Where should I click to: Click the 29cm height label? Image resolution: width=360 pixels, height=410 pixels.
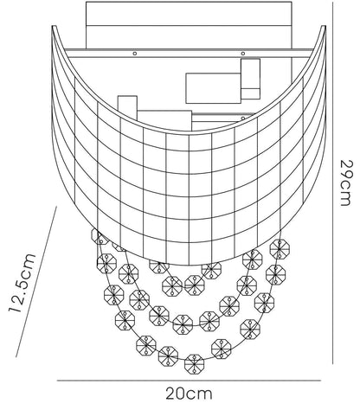pyautogui.click(x=346, y=183)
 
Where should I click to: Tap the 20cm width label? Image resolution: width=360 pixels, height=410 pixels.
pyautogui.click(x=189, y=394)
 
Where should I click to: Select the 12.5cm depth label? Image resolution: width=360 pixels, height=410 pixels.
pyautogui.click(x=22, y=283)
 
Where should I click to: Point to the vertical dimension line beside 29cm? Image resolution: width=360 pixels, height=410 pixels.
pyautogui.click(x=333, y=183)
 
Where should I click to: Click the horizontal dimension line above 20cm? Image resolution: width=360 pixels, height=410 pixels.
pyautogui.click(x=189, y=381)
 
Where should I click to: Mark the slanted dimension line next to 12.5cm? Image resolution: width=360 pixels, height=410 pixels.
pyautogui.click(x=36, y=281)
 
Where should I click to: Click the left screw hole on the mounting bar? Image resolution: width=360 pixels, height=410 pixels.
pyautogui.click(x=134, y=54)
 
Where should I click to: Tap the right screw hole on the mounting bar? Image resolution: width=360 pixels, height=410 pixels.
pyautogui.click(x=243, y=54)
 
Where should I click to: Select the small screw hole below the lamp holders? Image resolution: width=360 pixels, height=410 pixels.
pyautogui.click(x=243, y=119)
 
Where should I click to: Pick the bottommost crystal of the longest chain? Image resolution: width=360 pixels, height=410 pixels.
pyautogui.click(x=194, y=364)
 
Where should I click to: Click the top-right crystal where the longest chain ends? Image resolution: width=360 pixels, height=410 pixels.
pyautogui.click(x=280, y=249)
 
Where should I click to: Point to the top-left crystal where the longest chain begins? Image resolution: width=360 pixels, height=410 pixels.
pyautogui.click(x=99, y=236)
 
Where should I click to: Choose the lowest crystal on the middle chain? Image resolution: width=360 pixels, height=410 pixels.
pyautogui.click(x=183, y=324)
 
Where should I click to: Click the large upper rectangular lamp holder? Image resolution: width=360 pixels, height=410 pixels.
pyautogui.click(x=213, y=88)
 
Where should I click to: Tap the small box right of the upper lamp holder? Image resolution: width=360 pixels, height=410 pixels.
pyautogui.click(x=250, y=79)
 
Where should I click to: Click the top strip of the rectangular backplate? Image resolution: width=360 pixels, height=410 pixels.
pyautogui.click(x=189, y=14)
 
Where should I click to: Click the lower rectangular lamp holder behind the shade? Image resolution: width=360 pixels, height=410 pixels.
pyautogui.click(x=164, y=120)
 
